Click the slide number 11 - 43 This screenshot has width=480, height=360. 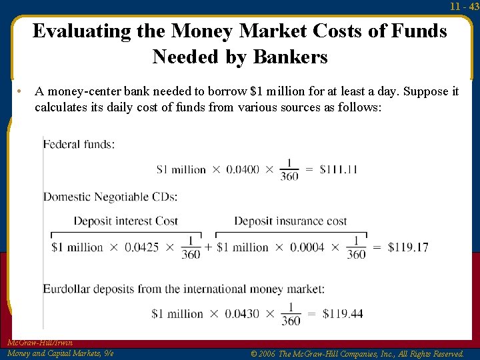click(464, 7)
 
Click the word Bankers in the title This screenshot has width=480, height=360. click(293, 57)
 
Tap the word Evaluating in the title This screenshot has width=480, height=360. click(82, 31)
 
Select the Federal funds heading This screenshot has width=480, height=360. click(79, 144)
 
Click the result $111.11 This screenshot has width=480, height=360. click(339, 169)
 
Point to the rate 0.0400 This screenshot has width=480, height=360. click(243, 169)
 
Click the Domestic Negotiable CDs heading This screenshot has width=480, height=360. click(111, 197)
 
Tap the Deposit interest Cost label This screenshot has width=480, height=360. click(126, 221)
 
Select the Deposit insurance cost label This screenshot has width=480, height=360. click(291, 221)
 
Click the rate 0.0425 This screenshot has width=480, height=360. click(142, 247)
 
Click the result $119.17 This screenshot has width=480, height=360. click(408, 247)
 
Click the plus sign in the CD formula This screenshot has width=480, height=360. click(209, 247)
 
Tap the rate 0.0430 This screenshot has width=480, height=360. click(243, 314)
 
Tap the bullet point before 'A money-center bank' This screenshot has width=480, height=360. click(21, 91)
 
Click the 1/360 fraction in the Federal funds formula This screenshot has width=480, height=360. click(289, 169)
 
